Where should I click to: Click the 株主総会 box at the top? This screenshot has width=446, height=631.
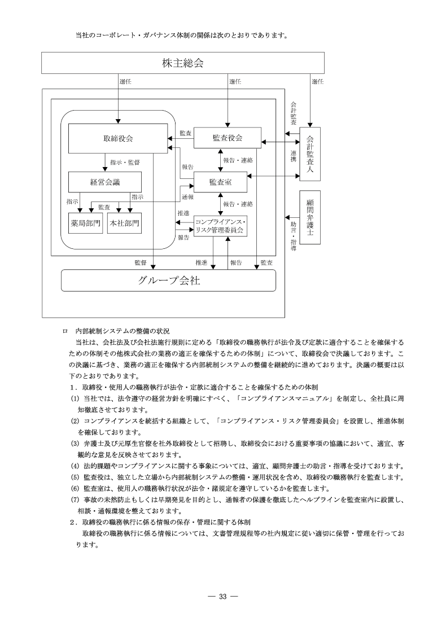tap(182, 63)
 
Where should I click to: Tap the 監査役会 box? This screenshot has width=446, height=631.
tap(228, 138)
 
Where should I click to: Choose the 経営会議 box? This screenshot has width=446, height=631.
tap(104, 182)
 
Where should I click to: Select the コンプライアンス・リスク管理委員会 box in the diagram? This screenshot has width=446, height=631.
tap(220, 226)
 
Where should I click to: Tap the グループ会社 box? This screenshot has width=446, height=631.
tap(168, 281)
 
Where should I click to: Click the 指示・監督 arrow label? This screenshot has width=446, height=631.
tap(125, 162)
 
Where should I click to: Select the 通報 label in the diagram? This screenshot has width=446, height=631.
tap(187, 197)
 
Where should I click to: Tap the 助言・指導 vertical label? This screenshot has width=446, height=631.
tap(293, 235)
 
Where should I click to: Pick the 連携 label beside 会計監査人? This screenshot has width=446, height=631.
tap(293, 156)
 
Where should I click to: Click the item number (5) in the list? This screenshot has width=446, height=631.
tap(74, 478)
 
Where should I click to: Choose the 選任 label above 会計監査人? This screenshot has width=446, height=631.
tap(317, 81)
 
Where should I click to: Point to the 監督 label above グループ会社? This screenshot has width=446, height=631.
tap(141, 262)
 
